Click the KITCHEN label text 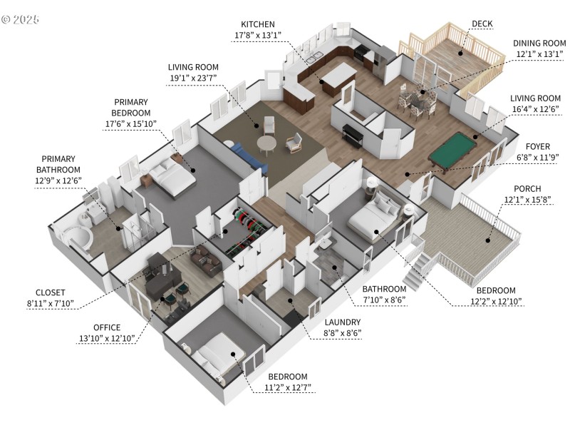pos(257,24)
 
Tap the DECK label pos(482,23)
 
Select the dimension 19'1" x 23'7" pos(193,78)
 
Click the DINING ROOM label pos(539,43)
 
